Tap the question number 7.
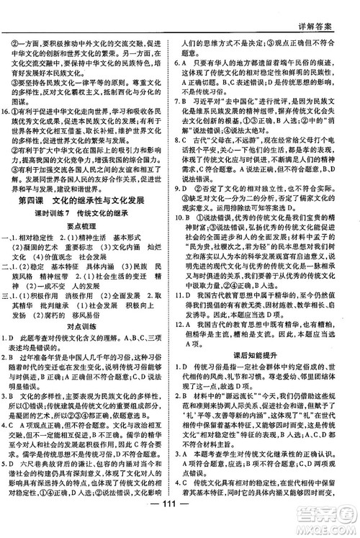pyautogui.click(x=189, y=102)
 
